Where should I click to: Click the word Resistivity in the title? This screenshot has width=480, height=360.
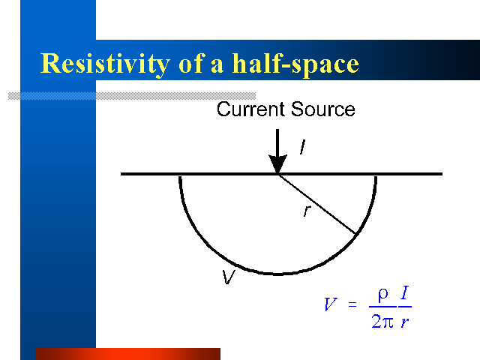tap(105, 64)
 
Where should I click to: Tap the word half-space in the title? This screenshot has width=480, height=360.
tap(295, 64)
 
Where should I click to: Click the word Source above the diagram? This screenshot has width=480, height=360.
tap(323, 109)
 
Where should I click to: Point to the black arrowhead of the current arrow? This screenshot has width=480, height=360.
tap(277, 163)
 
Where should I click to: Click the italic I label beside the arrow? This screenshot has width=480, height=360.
tap(302, 147)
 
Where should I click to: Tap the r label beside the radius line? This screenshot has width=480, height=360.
tap(307, 211)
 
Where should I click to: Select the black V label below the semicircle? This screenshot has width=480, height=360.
tap(228, 277)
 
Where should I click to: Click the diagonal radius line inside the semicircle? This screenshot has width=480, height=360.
tap(316, 204)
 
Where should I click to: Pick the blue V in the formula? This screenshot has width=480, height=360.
tap(331, 304)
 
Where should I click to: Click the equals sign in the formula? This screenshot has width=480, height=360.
tap(352, 304)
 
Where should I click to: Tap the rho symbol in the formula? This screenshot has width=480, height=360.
tap(383, 295)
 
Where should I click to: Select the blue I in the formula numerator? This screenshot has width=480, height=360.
tap(404, 292)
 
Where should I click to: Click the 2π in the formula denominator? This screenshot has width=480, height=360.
tap(382, 322)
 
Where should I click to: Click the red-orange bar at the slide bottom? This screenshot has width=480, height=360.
tap(128, 354)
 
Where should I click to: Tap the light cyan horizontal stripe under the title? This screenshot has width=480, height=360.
tap(132, 96)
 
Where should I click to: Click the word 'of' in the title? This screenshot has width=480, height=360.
tap(191, 64)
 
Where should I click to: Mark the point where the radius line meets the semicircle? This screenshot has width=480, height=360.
tap(355, 235)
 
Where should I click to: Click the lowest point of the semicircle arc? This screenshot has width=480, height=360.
tap(277, 274)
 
